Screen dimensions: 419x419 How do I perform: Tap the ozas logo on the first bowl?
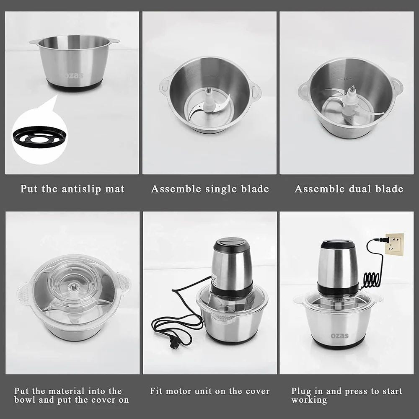click(74, 76)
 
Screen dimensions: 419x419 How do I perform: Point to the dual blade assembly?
click(350, 105)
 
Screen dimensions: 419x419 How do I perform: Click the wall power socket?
click(394, 244)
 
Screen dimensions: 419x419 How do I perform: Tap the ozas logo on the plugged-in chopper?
click(339, 336)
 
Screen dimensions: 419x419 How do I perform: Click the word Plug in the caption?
click(300, 391)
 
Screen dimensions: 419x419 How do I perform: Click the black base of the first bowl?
click(75, 86)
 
